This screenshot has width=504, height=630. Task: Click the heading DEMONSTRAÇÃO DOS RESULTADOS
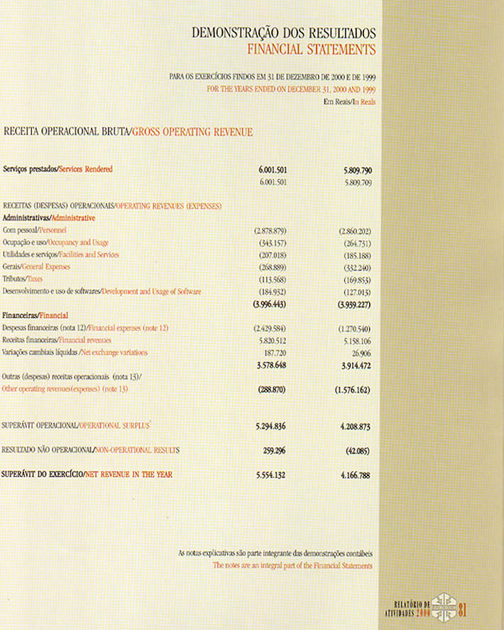click(x=284, y=33)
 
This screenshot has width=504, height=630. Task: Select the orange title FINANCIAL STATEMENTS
click(x=311, y=50)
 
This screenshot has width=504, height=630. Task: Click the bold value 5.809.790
click(x=357, y=170)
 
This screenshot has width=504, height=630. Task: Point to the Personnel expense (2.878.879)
click(x=270, y=231)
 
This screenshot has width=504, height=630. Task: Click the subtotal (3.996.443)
click(x=270, y=304)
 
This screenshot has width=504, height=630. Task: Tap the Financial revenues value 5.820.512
click(x=273, y=340)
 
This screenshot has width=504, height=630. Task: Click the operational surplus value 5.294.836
click(x=270, y=427)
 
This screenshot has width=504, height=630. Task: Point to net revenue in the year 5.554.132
click(x=270, y=475)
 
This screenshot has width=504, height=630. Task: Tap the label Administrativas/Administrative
click(x=49, y=219)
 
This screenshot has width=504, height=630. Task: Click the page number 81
click(x=463, y=608)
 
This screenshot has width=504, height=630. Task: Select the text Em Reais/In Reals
click(x=348, y=102)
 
